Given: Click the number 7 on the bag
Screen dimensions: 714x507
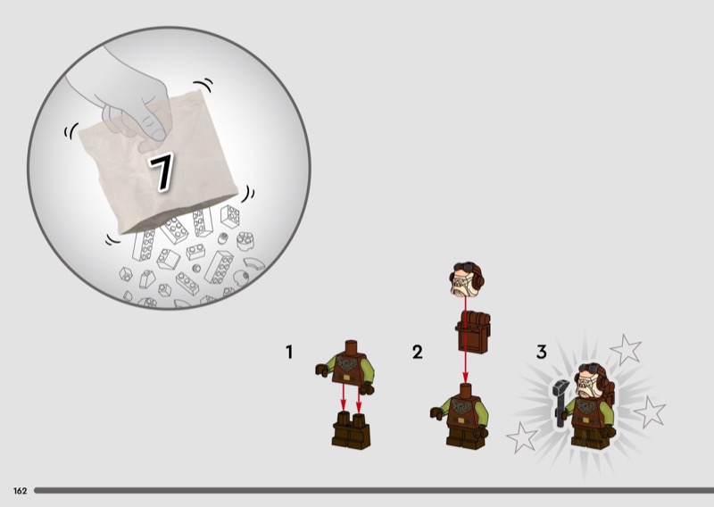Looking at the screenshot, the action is coord(162,171).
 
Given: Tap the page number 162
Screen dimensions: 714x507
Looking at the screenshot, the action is coord(20,491).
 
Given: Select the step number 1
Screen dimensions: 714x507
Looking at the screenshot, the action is coord(289,352).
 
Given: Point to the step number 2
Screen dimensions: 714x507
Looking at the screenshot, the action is coord(417,352).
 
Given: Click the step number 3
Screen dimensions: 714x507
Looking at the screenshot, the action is coord(541,352).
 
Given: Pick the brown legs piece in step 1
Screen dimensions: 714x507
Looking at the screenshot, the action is coord(351,430).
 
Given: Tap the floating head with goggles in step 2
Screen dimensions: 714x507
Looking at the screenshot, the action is coord(467,279).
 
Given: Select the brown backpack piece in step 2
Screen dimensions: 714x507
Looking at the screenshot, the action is coord(473,332).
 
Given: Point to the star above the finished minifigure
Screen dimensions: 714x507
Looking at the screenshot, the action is coord(626,349).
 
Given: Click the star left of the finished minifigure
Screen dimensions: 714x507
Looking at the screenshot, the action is coord(522,436).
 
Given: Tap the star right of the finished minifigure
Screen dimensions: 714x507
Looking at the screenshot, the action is coord(650,411).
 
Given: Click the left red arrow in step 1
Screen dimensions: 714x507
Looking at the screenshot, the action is coord(344,399).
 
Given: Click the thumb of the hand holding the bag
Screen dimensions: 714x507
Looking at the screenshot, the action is coord(153,127).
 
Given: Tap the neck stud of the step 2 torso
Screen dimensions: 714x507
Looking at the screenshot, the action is coord(464,389).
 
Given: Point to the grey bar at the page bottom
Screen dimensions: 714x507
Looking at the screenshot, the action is coord(374,491).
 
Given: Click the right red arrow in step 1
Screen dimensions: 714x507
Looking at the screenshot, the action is coord(359,399).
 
